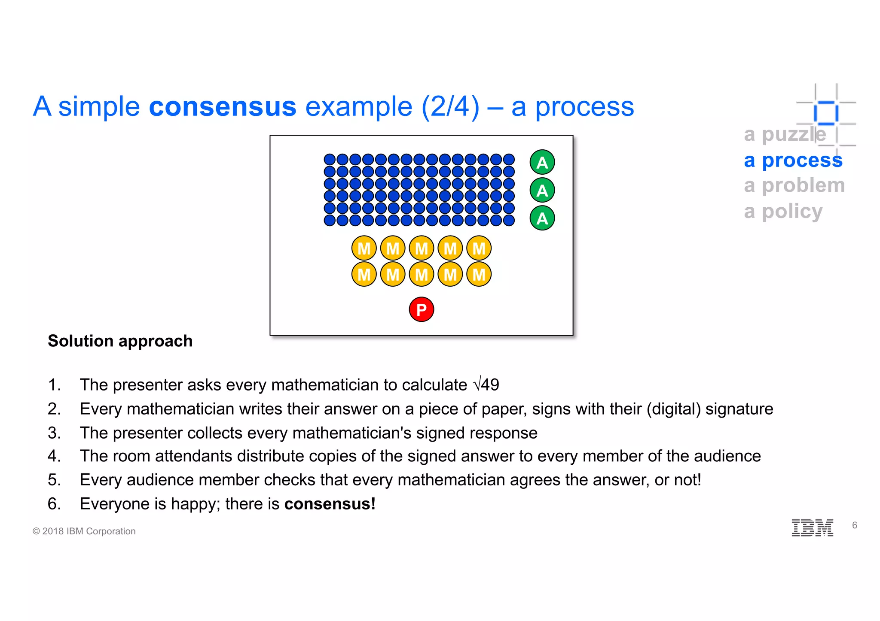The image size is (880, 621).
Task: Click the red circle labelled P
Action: coord(421,309)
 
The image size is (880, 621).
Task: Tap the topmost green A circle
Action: coord(542,163)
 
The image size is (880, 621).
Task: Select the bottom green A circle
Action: coord(542,218)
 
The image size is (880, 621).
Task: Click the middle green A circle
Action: coord(542,191)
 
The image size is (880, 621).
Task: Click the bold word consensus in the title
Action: coord(223,106)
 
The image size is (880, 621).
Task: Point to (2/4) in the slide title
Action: coord(450,106)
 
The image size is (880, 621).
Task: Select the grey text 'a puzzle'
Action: coord(785,134)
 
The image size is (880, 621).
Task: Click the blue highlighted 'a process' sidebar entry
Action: coord(793,160)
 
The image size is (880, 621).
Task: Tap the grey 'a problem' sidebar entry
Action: coord(794,185)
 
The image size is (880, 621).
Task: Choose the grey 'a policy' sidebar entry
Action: coord(783,211)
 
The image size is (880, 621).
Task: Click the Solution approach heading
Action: coord(120,341)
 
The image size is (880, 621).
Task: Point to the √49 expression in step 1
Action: coord(486,384)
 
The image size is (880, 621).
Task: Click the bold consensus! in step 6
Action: coord(330,504)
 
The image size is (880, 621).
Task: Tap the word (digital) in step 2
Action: coord(673,409)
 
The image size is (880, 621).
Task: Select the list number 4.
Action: coord(54,456)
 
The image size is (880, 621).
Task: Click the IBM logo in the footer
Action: coord(812,527)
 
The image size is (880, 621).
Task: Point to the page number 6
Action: coord(855,525)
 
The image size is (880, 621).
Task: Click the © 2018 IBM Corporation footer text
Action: coord(84,531)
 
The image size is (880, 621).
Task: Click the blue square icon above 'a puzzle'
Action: coord(826,113)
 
